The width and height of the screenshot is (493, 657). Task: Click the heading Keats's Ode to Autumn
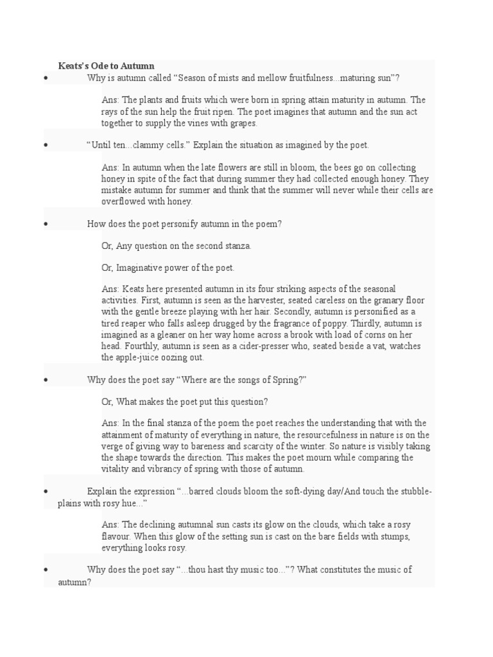[x=106, y=65]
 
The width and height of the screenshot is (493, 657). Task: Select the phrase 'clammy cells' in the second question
[x=161, y=146]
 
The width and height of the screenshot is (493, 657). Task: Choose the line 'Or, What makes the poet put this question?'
[x=184, y=402]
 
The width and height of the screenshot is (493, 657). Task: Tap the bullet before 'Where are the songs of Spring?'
[x=46, y=380]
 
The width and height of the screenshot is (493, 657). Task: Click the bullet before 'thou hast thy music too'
[x=46, y=570]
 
